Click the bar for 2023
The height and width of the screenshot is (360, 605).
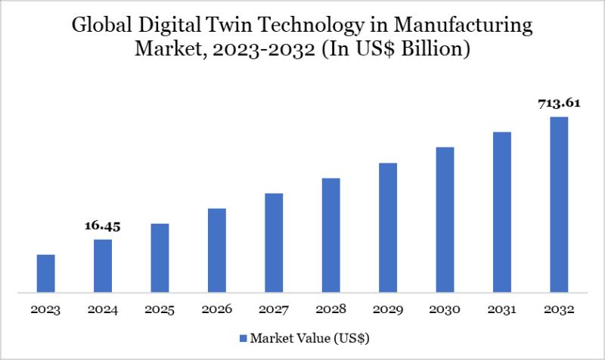[46, 273]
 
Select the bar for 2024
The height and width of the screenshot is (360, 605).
[103, 265]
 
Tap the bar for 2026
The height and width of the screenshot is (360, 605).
[216, 250]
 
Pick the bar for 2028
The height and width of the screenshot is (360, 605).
[330, 234]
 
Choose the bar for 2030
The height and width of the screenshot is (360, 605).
[445, 219]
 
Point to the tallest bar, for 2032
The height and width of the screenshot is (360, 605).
[559, 204]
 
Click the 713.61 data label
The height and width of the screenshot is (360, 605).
[559, 104]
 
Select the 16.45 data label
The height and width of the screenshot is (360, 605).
[103, 225]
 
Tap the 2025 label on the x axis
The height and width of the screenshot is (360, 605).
[160, 310]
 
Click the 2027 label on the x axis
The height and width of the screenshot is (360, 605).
[274, 310]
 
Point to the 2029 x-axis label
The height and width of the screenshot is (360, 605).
[388, 310]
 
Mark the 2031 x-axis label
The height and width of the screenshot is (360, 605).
[502, 310]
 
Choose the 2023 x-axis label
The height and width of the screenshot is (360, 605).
[46, 310]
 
